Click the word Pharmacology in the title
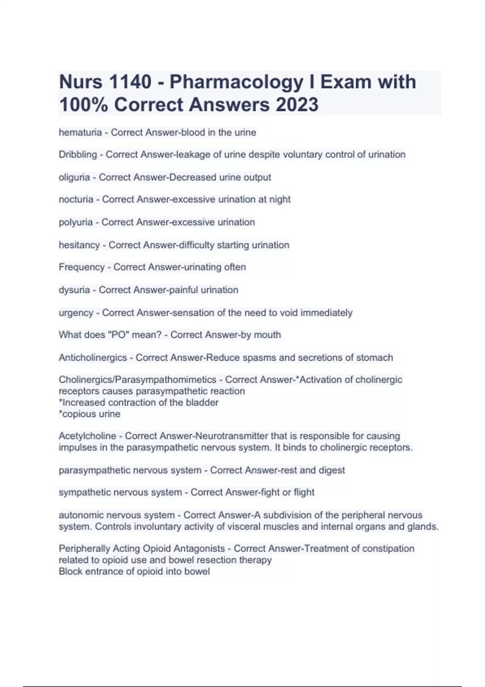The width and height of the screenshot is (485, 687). (x=236, y=82)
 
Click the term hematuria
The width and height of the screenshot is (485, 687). (x=80, y=133)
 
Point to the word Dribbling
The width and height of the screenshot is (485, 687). (x=78, y=155)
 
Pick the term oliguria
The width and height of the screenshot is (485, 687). (x=74, y=177)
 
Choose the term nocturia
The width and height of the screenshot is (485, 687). (x=76, y=200)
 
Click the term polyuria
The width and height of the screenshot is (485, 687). (x=76, y=222)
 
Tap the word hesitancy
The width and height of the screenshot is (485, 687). (x=79, y=245)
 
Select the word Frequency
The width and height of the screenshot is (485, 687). (x=82, y=267)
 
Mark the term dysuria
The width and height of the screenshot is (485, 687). (x=74, y=290)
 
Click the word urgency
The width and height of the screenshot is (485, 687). (x=76, y=313)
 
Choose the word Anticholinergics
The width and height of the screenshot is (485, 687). (x=93, y=358)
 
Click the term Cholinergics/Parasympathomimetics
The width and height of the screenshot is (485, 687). (x=137, y=380)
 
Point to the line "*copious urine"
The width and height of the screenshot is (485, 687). (x=89, y=414)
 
